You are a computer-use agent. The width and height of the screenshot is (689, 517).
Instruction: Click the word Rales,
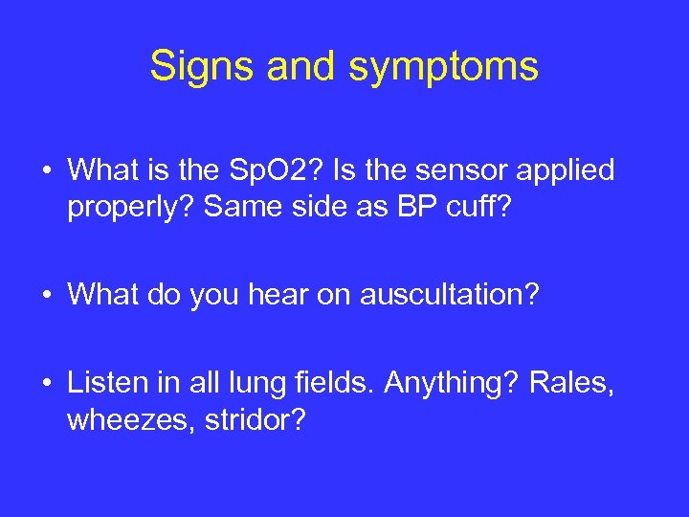coord(574,383)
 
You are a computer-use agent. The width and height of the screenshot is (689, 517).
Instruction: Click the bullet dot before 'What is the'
coord(46,172)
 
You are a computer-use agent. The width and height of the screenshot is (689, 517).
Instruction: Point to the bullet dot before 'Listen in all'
coord(46,385)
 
